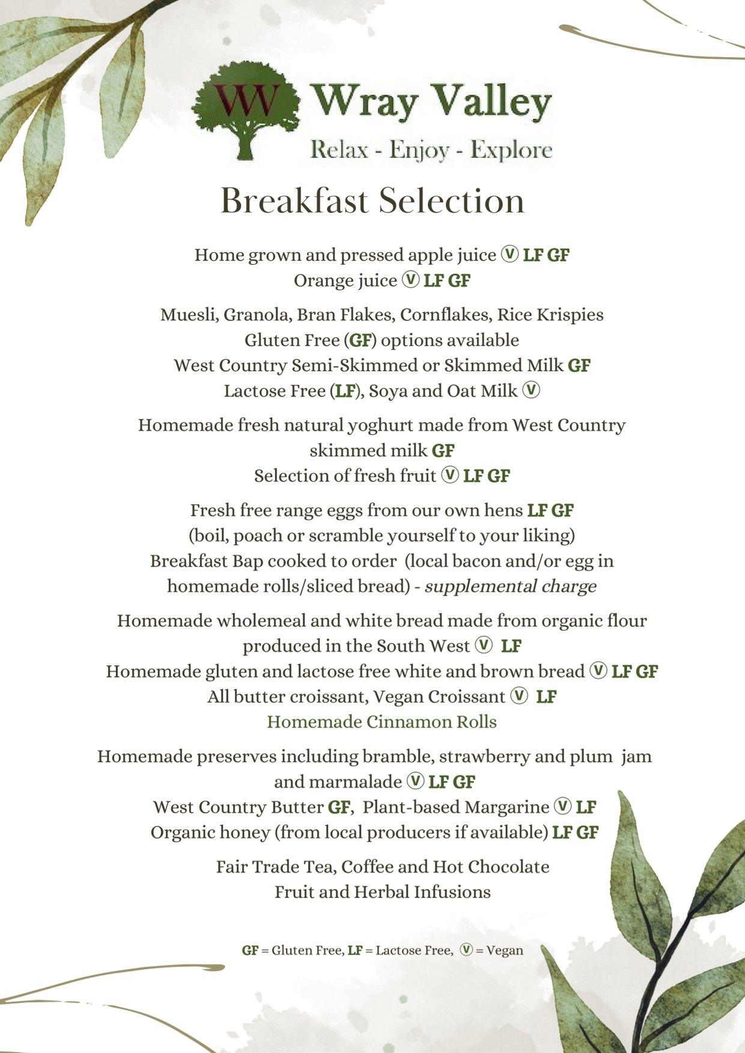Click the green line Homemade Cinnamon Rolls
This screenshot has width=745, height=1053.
pyautogui.click(x=382, y=722)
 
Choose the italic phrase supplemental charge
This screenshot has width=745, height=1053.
pyautogui.click(x=510, y=586)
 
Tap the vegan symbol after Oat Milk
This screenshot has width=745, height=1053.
pyautogui.click(x=531, y=391)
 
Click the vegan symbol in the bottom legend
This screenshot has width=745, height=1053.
pyautogui.click(x=466, y=950)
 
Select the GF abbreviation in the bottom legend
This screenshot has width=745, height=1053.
pyautogui.click(x=250, y=950)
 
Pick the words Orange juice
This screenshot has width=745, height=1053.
pyautogui.click(x=345, y=280)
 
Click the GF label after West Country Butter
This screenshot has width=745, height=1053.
pyautogui.click(x=338, y=807)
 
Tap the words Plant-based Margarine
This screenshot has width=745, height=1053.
pyautogui.click(x=456, y=807)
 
